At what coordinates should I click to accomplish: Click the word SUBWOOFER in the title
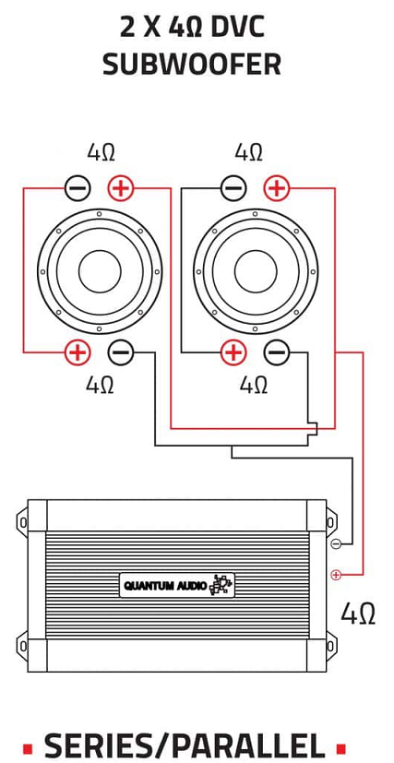[x=192, y=65]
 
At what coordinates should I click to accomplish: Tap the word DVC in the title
[x=237, y=28]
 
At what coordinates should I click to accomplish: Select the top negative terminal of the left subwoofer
[x=78, y=188]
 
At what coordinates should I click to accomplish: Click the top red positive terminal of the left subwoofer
[x=121, y=188]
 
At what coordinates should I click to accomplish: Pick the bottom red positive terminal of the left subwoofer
[x=78, y=352]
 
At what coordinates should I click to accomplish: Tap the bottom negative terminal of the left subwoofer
[x=121, y=352]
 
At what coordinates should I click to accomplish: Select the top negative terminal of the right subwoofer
[x=233, y=188]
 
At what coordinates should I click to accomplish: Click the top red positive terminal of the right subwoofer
[x=277, y=188]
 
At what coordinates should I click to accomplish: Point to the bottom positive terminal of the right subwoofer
[x=233, y=352]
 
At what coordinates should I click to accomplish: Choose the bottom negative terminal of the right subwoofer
[x=277, y=352]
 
